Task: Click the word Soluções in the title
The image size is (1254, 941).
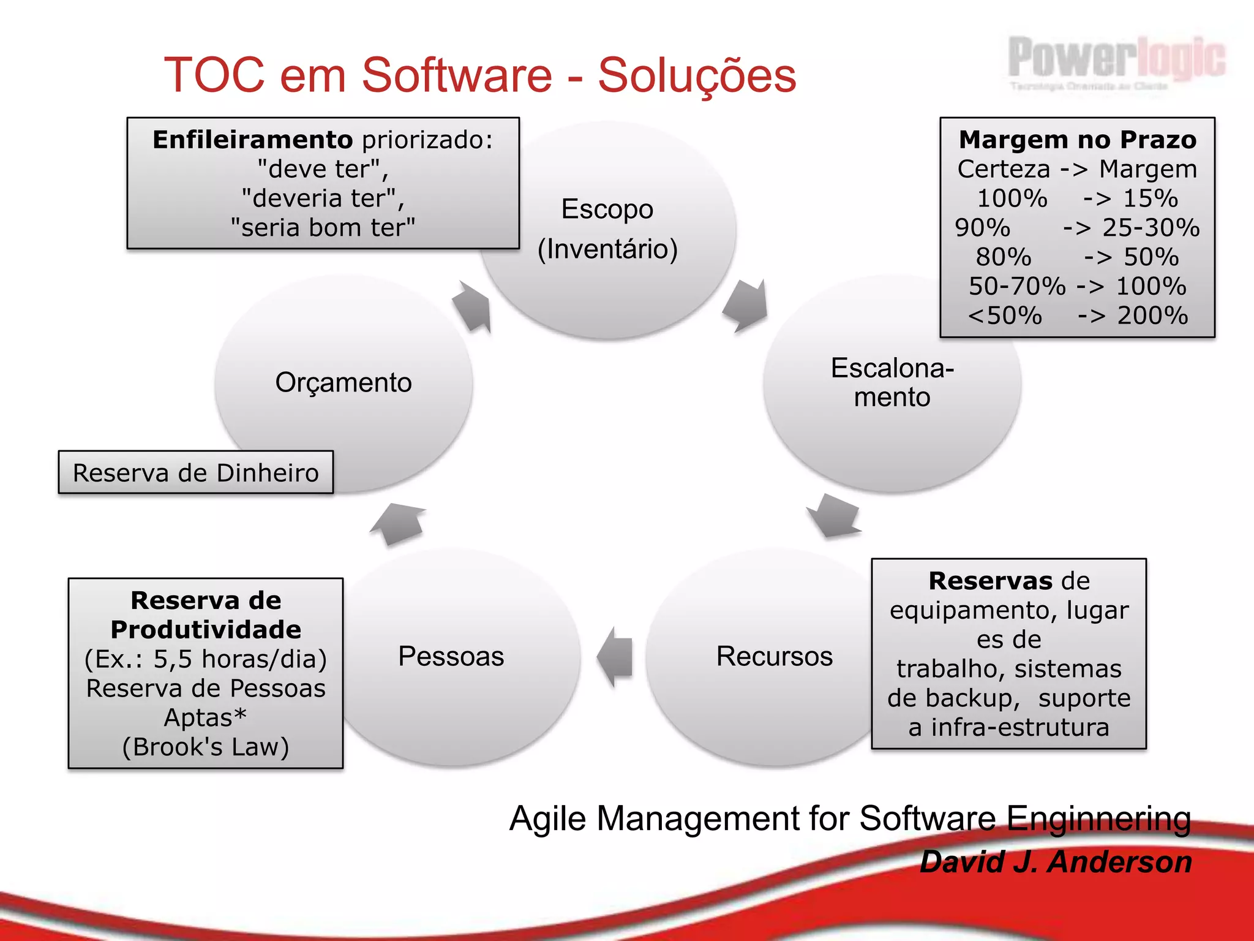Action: pyautogui.click(x=697, y=75)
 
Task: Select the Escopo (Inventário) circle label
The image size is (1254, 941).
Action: pyautogui.click(x=607, y=229)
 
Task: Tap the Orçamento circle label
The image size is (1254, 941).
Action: pyautogui.click(x=344, y=382)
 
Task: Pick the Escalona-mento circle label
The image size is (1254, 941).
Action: pyautogui.click(x=892, y=382)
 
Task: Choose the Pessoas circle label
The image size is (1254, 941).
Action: pyautogui.click(x=451, y=656)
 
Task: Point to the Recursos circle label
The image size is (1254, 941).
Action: pyautogui.click(x=774, y=656)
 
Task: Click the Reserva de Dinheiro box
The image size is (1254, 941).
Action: pyautogui.click(x=196, y=472)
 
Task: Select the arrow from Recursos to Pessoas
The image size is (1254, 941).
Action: pyautogui.click(x=615, y=657)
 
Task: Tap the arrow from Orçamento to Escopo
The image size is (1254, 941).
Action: pyautogui.click(x=473, y=306)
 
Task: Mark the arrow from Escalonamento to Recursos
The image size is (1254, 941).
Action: pyautogui.click(x=834, y=515)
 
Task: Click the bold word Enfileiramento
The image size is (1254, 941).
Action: pyautogui.click(x=252, y=140)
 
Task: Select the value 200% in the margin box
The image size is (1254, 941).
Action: pyautogui.click(x=1152, y=316)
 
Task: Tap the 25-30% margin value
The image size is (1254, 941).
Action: pyautogui.click(x=1151, y=227)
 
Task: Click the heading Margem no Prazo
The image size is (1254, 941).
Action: pyautogui.click(x=1077, y=140)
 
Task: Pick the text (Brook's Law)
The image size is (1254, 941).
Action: pyautogui.click(x=206, y=747)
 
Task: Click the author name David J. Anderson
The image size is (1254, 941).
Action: pyautogui.click(x=1056, y=862)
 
